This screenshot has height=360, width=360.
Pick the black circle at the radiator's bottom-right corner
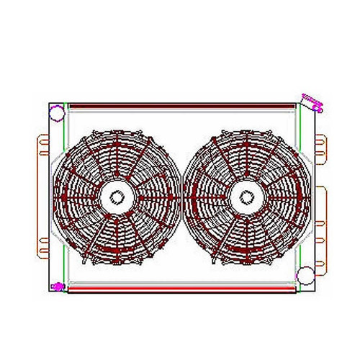click(305, 274)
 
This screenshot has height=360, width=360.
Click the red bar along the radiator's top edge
click(180, 106)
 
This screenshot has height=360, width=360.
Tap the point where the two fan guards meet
click(180, 194)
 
